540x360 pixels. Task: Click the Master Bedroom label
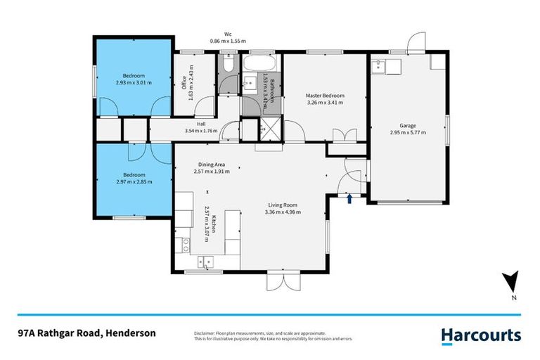pos(324,95)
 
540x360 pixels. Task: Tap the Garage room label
pos(407,125)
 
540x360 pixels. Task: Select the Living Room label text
pos(282,205)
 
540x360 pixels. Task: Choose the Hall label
pos(200,124)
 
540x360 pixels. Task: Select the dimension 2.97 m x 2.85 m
pos(134,181)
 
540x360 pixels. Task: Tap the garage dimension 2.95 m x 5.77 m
pos(407,132)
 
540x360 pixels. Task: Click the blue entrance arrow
pos(349,200)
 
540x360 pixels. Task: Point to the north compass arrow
pos(514,283)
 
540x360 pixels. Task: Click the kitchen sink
pos(205,263)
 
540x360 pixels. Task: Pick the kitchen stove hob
pos(186,245)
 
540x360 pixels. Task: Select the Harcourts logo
pos(481,335)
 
